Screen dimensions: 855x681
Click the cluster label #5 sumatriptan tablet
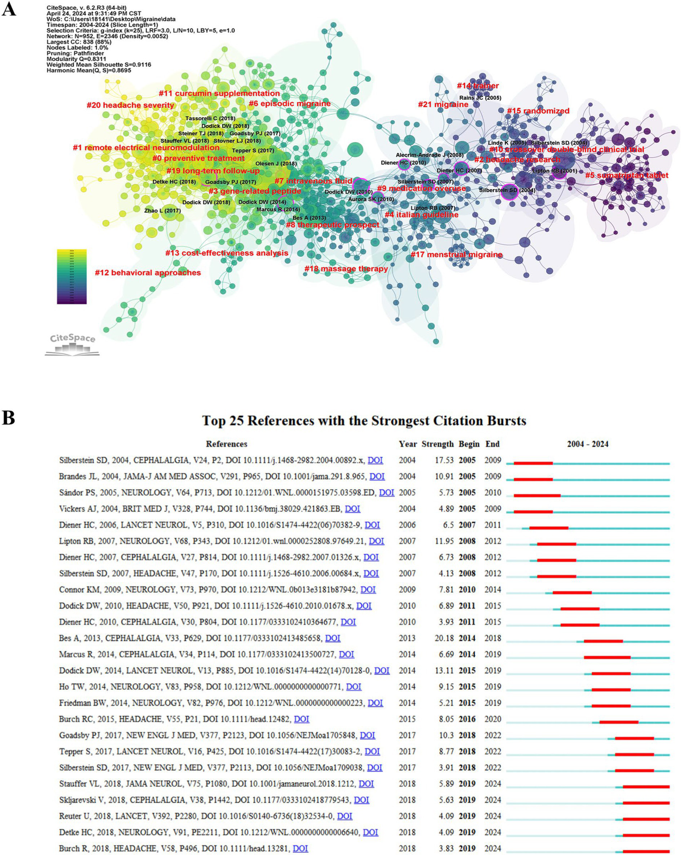coord(626,175)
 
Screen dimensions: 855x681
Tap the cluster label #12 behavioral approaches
coord(148,272)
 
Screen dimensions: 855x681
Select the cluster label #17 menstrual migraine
coord(457,255)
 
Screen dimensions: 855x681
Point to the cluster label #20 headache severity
coord(130,105)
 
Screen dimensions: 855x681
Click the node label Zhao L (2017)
coord(162,210)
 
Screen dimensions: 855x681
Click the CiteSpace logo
coord(72,344)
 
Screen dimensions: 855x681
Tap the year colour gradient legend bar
coord(71,276)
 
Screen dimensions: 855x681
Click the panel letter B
coord(8,418)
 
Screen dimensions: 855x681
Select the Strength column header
coord(437,444)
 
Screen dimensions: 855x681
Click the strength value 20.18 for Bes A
coord(444,638)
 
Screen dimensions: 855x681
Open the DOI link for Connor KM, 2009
coord(368,590)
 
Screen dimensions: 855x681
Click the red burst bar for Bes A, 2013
coord(603,641)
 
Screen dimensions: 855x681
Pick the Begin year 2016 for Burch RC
coord(467,719)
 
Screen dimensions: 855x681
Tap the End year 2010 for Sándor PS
coord(492,493)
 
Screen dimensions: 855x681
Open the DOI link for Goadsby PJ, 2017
coord(367,735)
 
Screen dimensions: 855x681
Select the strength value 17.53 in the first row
coord(444,460)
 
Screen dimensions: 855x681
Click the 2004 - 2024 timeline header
coord(587,444)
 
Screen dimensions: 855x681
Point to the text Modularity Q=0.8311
coord(76,59)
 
